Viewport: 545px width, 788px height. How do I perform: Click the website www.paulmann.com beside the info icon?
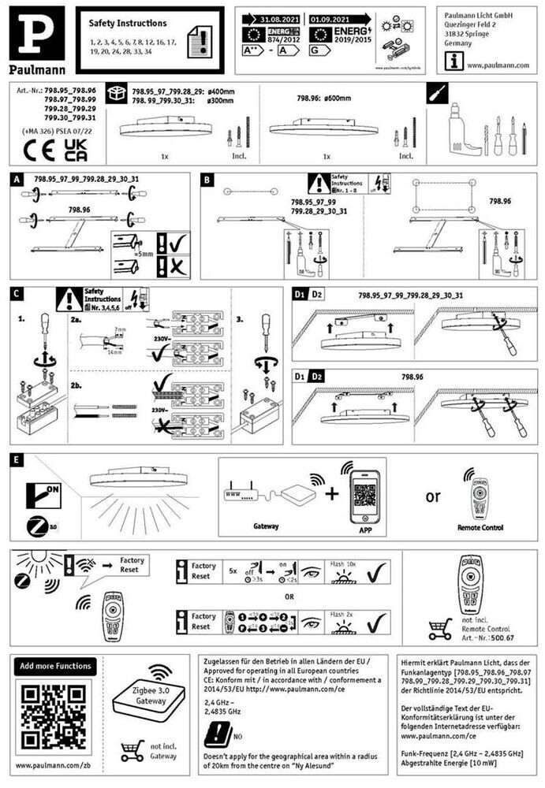click(497, 65)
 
